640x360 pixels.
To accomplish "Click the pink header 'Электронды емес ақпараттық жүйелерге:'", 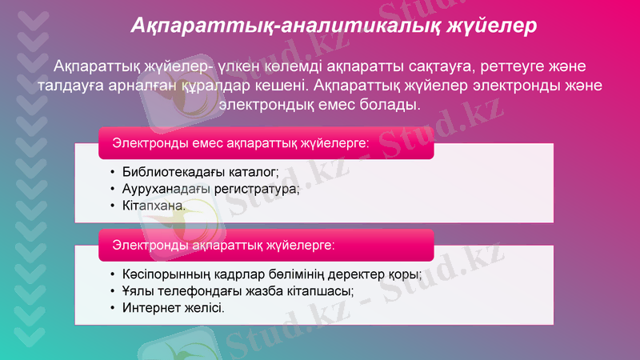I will (x=240, y=143).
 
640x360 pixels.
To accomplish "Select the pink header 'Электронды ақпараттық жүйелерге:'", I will (x=223, y=242).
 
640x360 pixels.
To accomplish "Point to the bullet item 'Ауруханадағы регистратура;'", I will (x=210, y=189).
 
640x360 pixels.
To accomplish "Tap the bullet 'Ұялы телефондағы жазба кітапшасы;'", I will (x=238, y=290).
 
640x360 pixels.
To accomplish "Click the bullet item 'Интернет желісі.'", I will (x=173, y=307).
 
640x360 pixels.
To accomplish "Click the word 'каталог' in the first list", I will (x=253, y=171).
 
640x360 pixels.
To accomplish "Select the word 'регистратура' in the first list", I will (x=260, y=189).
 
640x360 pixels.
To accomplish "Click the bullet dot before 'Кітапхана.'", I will (x=113, y=206).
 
